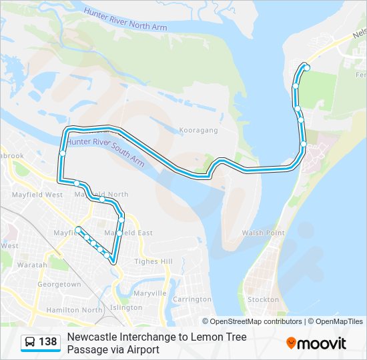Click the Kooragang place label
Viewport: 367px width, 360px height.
pos(199,131)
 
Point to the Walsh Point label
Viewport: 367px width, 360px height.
pos(263,233)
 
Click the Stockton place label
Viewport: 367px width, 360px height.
pos(263,299)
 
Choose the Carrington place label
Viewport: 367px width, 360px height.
pos(192,299)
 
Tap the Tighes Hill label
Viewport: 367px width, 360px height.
pos(153,261)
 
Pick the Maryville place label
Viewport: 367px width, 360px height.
pos(149,293)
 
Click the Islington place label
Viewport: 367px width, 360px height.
pos(126,307)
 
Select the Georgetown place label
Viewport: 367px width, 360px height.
pos(59,284)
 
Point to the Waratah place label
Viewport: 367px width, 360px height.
pos(33,265)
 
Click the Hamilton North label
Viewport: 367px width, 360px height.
pos(75,310)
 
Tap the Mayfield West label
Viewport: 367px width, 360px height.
pos(37,195)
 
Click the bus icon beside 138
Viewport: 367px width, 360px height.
pos(31,342)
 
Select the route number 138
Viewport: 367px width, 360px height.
pos(48,342)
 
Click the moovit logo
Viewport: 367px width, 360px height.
pos(316,343)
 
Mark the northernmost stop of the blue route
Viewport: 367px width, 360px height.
pos(306,67)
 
